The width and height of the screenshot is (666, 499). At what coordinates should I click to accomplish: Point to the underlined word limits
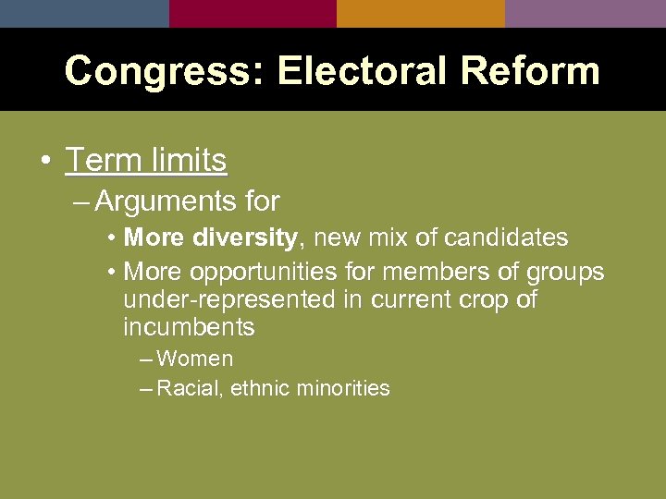tap(186, 160)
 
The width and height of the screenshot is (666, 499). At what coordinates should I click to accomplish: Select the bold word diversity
tap(246, 237)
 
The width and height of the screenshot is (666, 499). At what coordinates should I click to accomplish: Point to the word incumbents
tap(189, 327)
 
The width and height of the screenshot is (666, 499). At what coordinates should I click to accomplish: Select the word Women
tap(195, 359)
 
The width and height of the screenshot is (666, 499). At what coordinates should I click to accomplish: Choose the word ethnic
tap(261, 388)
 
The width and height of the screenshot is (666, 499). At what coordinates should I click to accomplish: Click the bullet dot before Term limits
tap(44, 161)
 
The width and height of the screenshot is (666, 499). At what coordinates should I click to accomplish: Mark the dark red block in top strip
tap(253, 13)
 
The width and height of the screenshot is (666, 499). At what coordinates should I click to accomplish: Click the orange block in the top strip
tap(420, 13)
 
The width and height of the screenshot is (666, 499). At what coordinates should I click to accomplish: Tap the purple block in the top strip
tap(585, 13)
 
